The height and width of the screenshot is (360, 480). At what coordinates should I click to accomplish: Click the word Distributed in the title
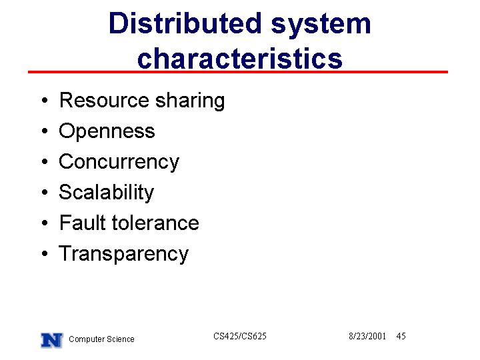(185, 23)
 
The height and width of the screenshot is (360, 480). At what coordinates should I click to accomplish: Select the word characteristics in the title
(240, 57)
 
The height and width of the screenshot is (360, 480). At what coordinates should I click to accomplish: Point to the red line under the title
(238, 72)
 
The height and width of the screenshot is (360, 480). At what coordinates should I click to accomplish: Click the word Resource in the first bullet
(105, 100)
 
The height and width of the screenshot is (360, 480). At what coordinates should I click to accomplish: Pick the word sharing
(190, 101)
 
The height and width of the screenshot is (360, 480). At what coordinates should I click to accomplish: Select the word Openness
(107, 131)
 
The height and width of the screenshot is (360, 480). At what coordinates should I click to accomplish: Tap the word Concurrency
(119, 162)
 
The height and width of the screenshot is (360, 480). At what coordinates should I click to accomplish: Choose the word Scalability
(106, 193)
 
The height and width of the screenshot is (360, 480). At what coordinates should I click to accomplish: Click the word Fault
(83, 222)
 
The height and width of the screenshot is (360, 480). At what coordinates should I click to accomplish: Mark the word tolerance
(155, 223)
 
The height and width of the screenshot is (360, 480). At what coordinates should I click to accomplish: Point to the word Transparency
(124, 254)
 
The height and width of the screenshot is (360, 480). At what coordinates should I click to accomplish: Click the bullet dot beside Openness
(45, 131)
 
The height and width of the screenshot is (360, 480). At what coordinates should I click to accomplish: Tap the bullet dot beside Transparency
(45, 253)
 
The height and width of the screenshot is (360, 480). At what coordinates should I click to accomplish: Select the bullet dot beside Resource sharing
(45, 100)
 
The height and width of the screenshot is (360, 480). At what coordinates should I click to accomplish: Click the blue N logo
(52, 340)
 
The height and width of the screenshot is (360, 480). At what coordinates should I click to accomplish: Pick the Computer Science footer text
(101, 339)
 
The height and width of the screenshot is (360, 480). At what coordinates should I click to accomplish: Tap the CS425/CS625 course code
(240, 336)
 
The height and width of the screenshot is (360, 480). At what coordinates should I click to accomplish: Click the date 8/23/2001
(367, 336)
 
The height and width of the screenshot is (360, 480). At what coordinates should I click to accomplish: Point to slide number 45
(401, 336)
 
